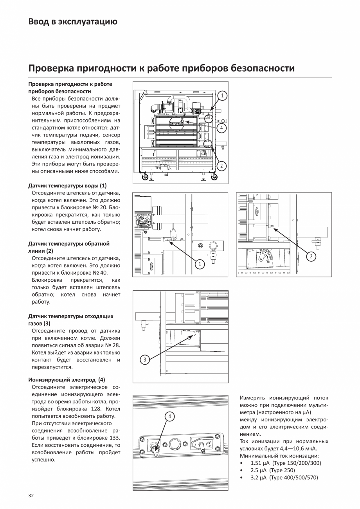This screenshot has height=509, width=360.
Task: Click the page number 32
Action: point(31,496)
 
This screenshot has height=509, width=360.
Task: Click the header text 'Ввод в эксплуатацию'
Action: point(73,22)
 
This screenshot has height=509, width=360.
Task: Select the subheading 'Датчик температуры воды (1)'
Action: point(67,185)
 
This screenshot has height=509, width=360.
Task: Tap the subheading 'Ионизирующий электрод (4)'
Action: point(67,380)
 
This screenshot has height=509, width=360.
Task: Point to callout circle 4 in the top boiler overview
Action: point(221,128)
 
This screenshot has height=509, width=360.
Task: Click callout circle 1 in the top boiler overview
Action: point(221,95)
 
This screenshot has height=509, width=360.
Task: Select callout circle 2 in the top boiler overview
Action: point(221,166)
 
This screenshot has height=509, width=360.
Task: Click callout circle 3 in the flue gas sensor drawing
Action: point(144,360)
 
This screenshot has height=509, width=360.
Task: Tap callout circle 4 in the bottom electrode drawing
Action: point(170,417)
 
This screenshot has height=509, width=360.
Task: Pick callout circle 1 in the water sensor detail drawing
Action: point(200,264)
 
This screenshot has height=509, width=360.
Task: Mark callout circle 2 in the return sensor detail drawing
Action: point(311,257)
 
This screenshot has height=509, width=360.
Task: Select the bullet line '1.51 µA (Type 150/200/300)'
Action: point(286,463)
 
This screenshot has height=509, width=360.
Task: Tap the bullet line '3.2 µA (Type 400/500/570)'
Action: point(284,478)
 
